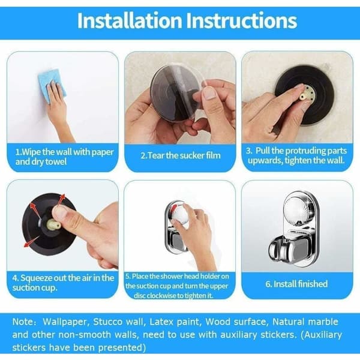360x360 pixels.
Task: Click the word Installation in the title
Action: click(130, 20)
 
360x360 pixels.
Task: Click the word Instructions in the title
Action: click(241, 20)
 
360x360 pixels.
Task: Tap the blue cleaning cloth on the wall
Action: click(52, 86)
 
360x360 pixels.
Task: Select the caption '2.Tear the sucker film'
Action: click(181, 155)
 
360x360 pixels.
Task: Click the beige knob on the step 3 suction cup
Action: click(308, 93)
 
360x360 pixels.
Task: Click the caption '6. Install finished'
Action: click(296, 284)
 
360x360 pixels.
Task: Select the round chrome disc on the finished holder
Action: click(299, 211)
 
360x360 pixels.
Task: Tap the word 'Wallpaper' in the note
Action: click(65, 322)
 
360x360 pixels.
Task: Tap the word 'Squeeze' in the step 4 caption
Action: click(37, 278)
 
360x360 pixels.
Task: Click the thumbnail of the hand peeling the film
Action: click(209, 93)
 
